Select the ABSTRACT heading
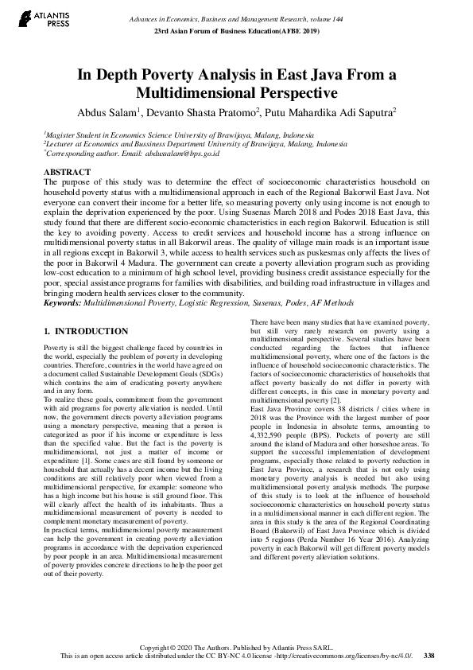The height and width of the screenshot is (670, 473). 66,172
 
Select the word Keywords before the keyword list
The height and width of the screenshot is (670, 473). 65,303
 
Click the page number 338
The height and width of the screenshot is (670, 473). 429,655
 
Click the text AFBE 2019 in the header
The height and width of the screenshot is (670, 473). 298,30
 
